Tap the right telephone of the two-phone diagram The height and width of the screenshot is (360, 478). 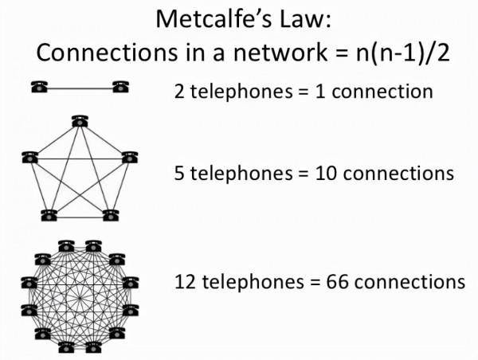120,86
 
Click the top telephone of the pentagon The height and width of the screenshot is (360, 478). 79,121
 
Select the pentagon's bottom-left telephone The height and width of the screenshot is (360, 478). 49,214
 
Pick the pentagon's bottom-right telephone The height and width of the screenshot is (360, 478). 110,214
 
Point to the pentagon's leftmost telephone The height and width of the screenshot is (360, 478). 30,157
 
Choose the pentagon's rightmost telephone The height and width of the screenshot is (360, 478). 128,157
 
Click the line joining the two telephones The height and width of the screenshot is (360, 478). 80,87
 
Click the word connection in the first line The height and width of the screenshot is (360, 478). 382,91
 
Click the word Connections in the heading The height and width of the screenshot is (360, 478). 89,53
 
